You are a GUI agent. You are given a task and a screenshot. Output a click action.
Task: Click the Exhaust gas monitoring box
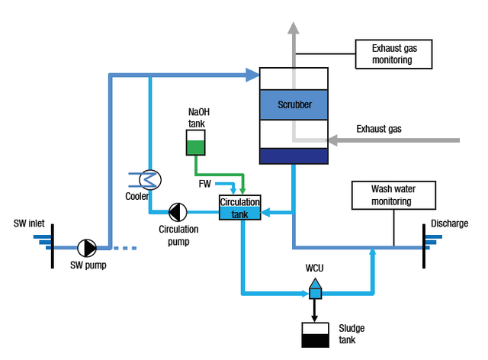pos(392,54)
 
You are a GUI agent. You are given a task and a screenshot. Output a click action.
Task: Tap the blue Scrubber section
pos(294,104)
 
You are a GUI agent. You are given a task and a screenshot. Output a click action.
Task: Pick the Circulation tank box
pos(240,208)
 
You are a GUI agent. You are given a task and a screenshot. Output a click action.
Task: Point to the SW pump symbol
pos(88,248)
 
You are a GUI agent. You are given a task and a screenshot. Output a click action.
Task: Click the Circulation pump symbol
pos(178,211)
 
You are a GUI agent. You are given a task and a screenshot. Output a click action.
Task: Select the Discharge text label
pos(449,223)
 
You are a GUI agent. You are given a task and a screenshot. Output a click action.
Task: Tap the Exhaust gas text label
pos(379,129)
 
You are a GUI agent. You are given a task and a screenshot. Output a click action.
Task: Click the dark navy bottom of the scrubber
pos(294,156)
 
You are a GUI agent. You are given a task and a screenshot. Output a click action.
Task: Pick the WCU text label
pos(315,268)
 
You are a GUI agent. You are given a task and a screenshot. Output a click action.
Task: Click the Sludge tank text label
pos(352,333)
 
